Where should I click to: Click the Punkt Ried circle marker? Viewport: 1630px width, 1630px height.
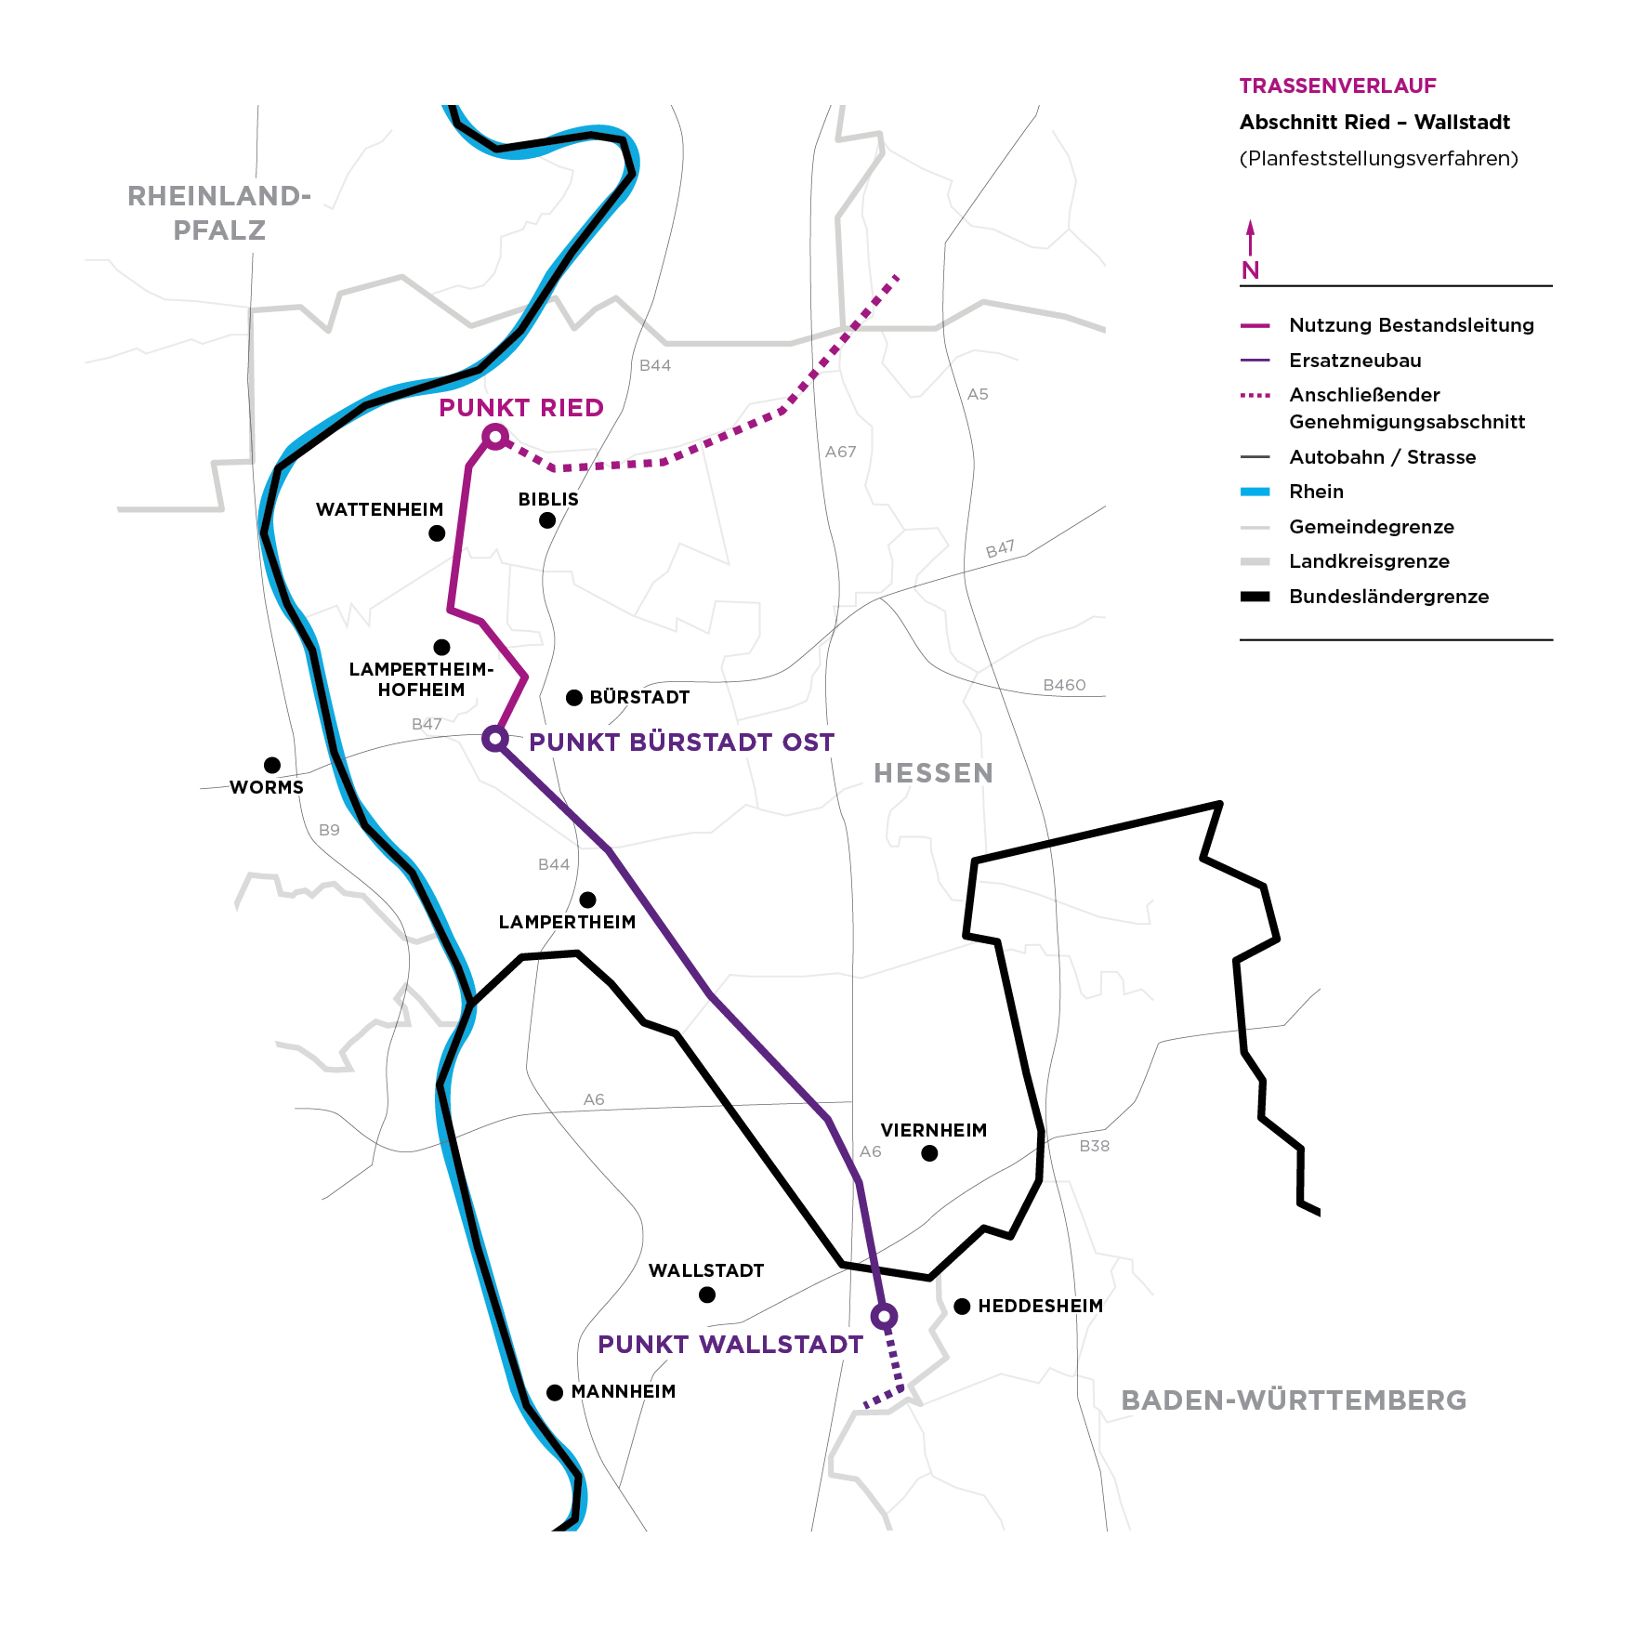[495, 437]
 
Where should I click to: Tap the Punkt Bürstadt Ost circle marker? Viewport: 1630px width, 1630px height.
[495, 739]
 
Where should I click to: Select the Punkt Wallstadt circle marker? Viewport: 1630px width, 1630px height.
[884, 1316]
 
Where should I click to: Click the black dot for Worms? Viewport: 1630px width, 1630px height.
[272, 765]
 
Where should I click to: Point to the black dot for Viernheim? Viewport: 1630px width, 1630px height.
[929, 1153]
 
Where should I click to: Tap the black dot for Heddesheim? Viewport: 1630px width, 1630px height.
[962, 1307]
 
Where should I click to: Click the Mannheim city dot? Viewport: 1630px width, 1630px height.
[555, 1392]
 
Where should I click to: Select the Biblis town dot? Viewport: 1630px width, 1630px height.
[547, 520]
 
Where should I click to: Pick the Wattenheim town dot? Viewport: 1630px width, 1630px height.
[437, 533]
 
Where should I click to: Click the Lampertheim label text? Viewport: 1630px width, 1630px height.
[567, 922]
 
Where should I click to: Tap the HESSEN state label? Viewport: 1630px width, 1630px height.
[933, 773]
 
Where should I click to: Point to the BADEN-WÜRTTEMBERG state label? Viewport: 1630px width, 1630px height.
[1294, 1400]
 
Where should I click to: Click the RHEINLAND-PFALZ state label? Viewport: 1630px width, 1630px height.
[219, 213]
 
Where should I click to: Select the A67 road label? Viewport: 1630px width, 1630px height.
[840, 452]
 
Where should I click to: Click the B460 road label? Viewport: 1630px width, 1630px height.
[1064, 685]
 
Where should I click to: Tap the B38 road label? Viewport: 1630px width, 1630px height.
[1094, 1146]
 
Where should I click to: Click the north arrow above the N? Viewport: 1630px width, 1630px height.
[1250, 236]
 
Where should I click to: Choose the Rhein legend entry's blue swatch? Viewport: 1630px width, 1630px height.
[1255, 492]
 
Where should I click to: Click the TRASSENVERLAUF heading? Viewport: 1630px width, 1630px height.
[1337, 86]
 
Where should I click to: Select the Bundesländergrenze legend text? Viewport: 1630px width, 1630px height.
[1388, 597]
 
